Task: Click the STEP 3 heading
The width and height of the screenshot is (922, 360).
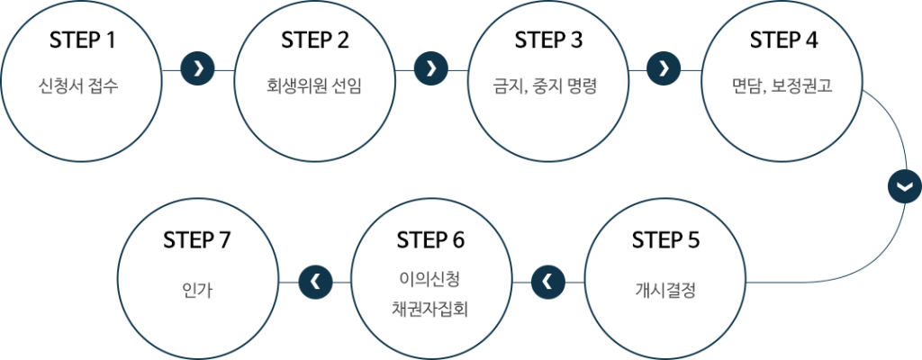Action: tap(548, 41)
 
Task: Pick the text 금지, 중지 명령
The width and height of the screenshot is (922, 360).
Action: tap(548, 87)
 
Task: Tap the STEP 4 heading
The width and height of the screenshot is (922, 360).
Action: tap(782, 41)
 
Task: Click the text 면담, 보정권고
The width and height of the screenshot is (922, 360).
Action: tap(782, 87)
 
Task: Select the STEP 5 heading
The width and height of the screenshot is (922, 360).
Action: tap(665, 240)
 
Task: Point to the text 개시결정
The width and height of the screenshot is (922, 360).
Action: tap(665, 291)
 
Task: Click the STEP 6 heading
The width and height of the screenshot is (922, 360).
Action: tap(430, 240)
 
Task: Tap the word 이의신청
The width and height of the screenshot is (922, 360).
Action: tap(430, 277)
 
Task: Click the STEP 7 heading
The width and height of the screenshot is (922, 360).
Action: tap(197, 240)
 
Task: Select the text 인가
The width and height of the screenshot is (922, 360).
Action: tap(197, 291)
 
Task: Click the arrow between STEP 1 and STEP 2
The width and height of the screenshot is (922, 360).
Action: tap(198, 67)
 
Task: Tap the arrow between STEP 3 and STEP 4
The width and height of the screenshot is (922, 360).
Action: tap(664, 67)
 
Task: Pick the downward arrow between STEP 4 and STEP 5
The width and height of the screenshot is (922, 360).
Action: tap(904, 185)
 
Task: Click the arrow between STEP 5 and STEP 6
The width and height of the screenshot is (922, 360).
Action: tap(547, 282)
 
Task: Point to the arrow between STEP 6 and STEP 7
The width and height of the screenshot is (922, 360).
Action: tap(314, 282)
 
